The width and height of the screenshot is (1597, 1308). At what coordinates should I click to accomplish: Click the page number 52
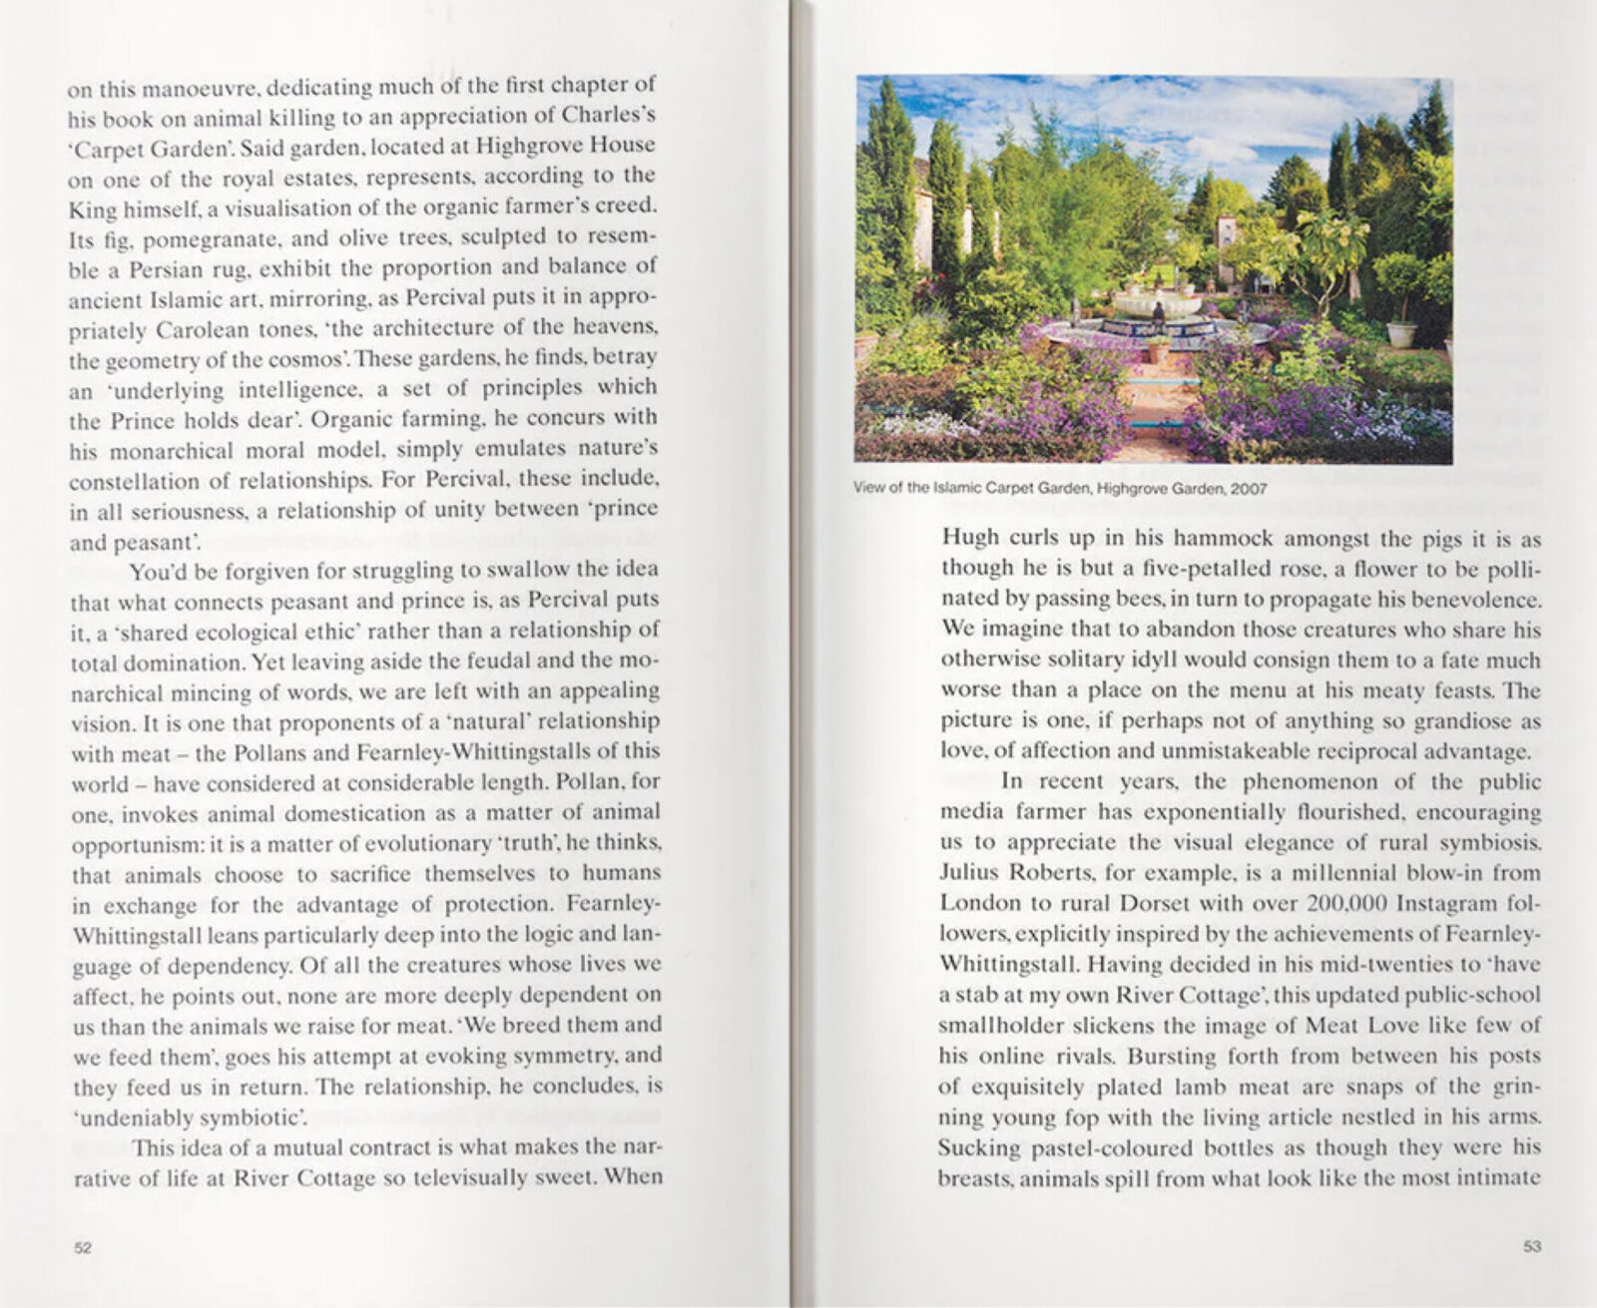(84, 1248)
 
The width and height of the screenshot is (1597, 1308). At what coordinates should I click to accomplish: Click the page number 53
(1532, 1246)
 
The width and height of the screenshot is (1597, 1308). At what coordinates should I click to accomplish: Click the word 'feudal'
(513, 659)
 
